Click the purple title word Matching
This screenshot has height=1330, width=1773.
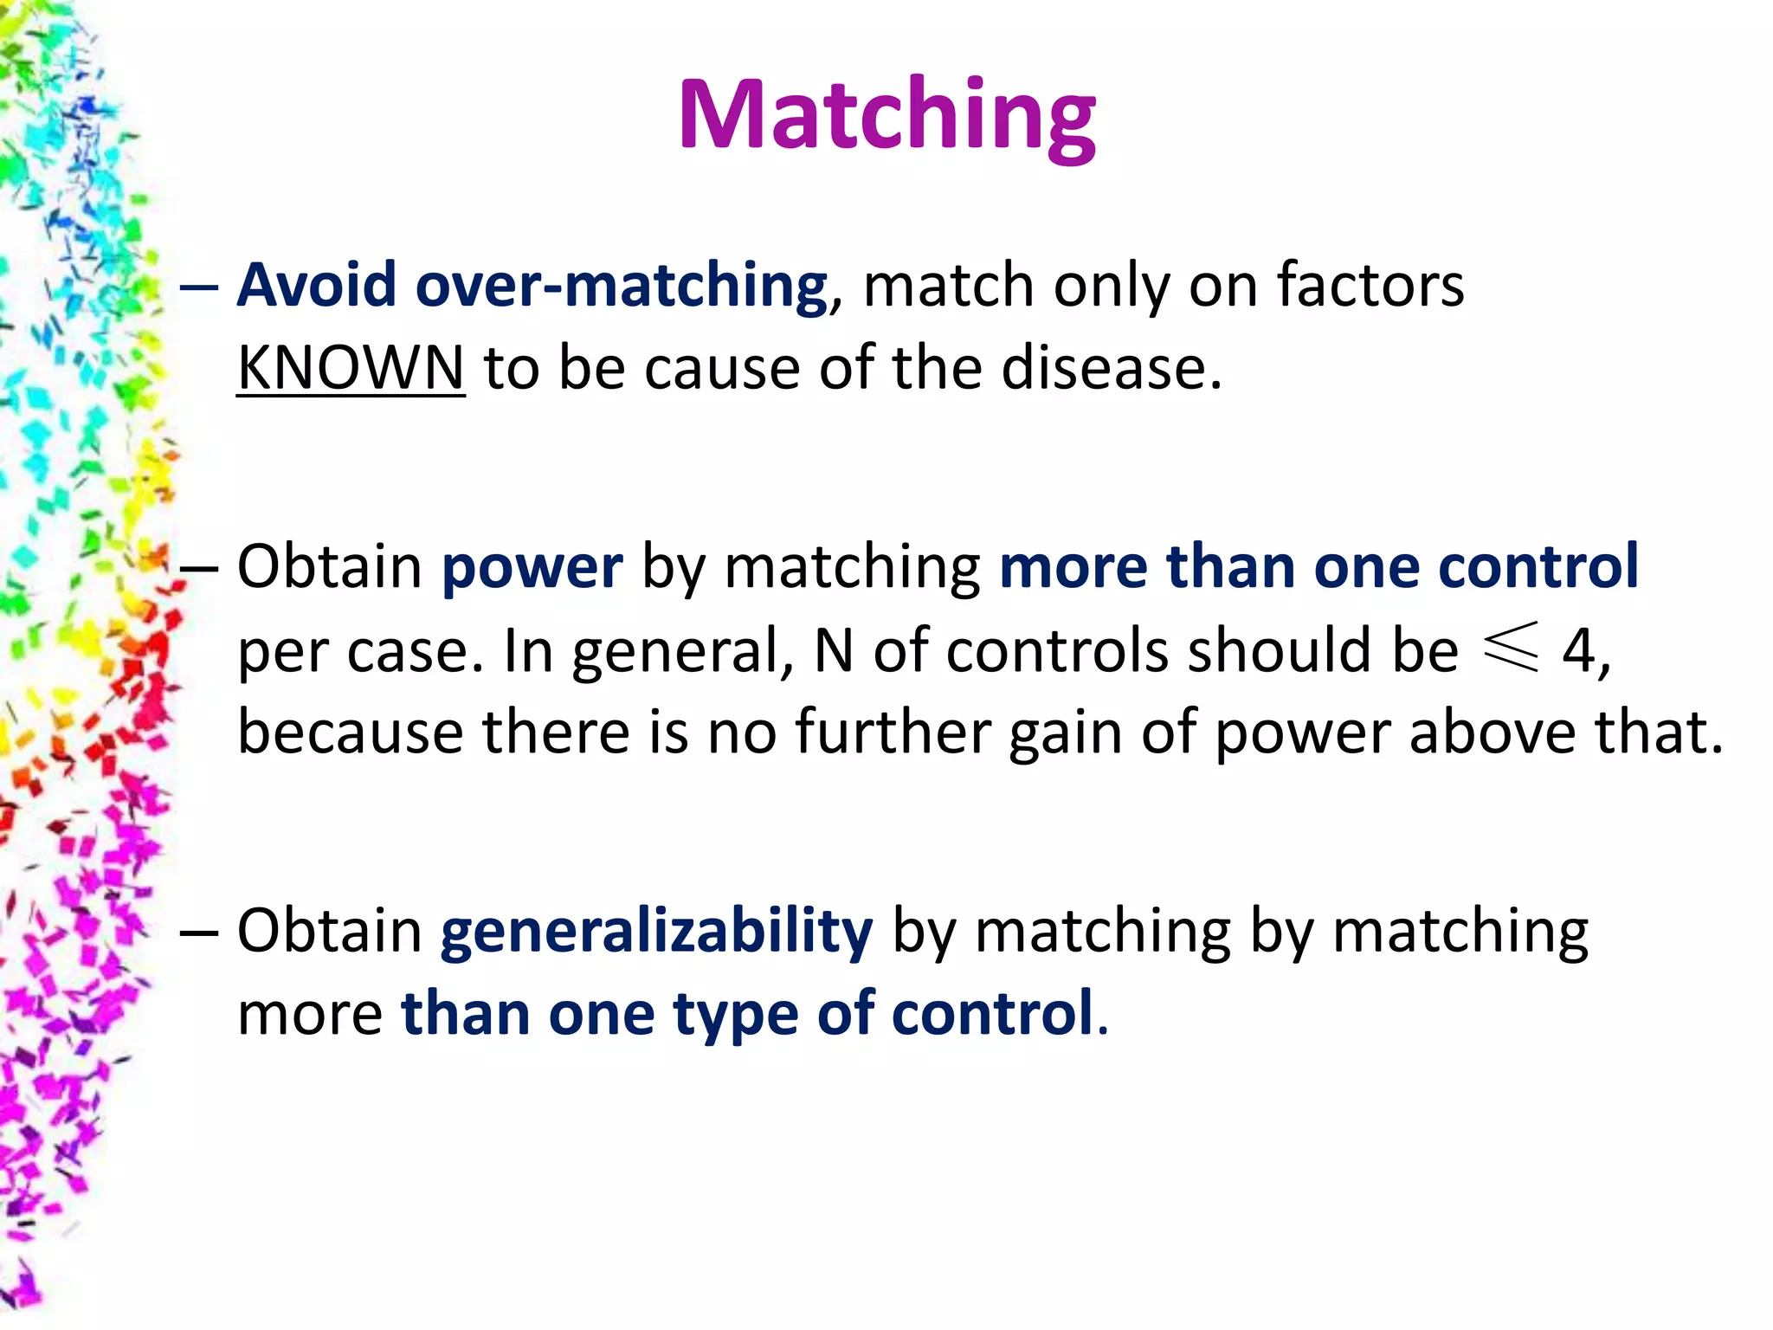886,117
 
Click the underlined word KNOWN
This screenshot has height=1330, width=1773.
351,368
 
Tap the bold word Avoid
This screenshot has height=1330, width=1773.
317,285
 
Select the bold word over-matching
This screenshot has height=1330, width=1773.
621,287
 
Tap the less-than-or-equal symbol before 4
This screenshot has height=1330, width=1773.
1512,647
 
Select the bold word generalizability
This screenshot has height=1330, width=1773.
656,933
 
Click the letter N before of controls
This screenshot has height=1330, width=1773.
834,650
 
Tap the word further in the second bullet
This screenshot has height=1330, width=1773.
892,733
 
